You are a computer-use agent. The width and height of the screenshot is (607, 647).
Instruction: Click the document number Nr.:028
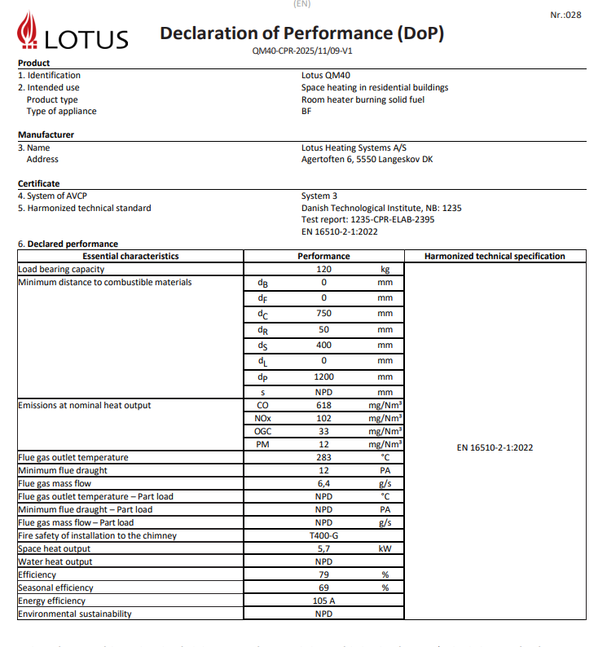coord(566,15)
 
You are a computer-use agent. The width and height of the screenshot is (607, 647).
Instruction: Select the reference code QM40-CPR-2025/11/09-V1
coord(302,51)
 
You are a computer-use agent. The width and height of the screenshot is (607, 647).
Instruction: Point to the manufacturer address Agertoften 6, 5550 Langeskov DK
coord(367,160)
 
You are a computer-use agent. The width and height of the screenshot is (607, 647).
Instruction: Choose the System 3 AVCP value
coord(319,196)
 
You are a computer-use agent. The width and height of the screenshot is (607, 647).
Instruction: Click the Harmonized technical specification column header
coord(495,256)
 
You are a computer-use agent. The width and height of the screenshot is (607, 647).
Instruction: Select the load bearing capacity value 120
coord(323,268)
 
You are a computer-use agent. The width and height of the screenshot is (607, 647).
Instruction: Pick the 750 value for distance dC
coord(323,314)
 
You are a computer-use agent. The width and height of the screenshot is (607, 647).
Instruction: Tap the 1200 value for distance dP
coord(323,377)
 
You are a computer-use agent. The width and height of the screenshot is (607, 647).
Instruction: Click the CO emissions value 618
coord(323,405)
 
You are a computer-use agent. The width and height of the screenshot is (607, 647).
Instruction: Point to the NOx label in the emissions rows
coord(262,418)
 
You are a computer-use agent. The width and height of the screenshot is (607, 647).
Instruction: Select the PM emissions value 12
coord(323,444)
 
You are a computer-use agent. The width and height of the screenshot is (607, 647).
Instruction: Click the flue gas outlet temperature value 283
coord(323,457)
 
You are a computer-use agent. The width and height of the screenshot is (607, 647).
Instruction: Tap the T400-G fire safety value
coord(323,535)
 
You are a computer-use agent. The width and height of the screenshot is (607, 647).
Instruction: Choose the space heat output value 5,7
coord(323,548)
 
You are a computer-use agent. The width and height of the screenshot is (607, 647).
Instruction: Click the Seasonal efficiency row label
coord(55,588)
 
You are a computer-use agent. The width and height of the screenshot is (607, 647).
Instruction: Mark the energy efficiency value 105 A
coord(323,601)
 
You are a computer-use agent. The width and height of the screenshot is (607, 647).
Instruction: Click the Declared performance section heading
coord(73,244)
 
